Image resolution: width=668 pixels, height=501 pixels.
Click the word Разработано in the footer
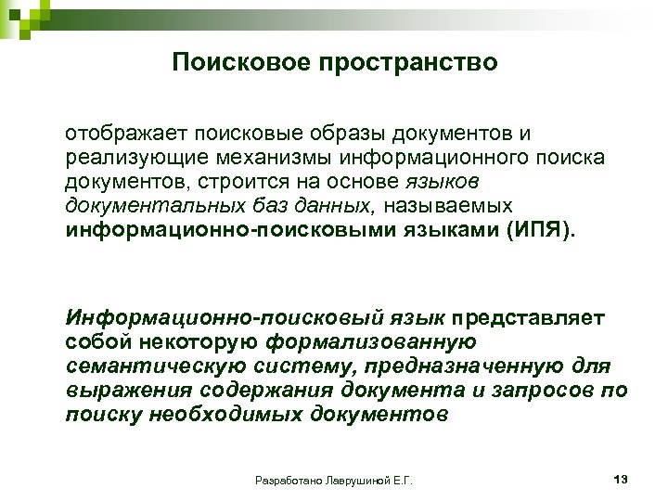coord(285,481)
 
